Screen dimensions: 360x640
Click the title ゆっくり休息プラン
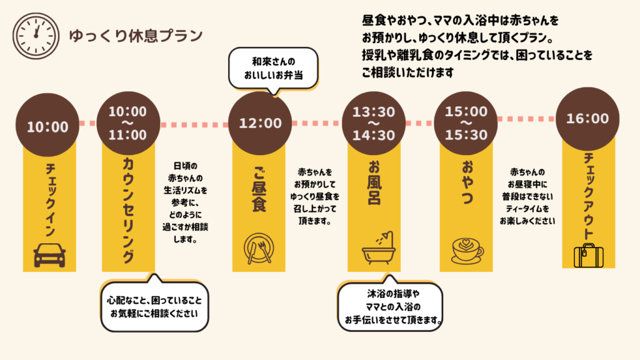[x=136, y=35]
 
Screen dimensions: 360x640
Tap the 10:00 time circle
[x=47, y=127]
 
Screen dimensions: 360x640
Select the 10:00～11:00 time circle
[x=127, y=123]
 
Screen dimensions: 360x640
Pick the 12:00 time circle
[x=261, y=123]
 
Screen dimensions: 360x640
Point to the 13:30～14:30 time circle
[x=374, y=123]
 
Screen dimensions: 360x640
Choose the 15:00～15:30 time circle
[x=466, y=123]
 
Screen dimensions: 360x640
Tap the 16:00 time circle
[x=587, y=118]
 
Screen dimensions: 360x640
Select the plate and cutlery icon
[x=258, y=249]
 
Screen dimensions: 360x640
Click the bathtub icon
[x=379, y=248]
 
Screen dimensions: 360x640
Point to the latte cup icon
[x=466, y=249]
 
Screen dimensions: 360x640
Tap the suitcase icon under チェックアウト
[x=588, y=255]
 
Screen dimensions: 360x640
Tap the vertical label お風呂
[x=375, y=186]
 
